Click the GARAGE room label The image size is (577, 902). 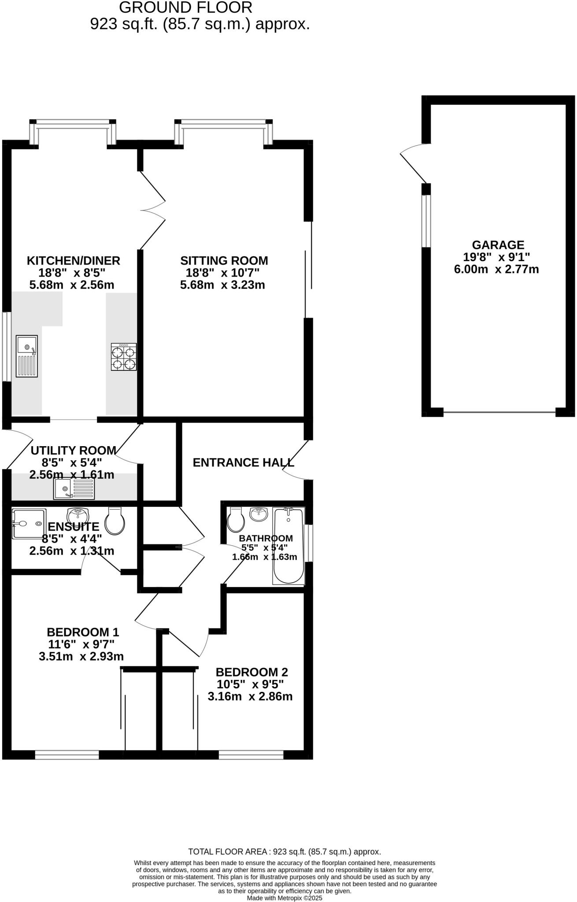coord(498,245)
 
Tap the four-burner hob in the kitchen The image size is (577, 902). coord(124,357)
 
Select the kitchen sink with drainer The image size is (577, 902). coord(27,356)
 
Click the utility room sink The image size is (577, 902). coord(74,489)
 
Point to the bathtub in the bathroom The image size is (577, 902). coord(288,546)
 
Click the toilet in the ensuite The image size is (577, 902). coord(115,521)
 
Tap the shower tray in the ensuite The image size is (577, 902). coord(29,524)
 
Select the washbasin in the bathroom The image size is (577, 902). coord(259,514)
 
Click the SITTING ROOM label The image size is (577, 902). coord(224,261)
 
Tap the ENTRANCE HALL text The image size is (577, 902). coord(243,462)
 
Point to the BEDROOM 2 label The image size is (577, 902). coord(252,672)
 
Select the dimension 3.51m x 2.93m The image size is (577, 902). coord(81,657)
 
